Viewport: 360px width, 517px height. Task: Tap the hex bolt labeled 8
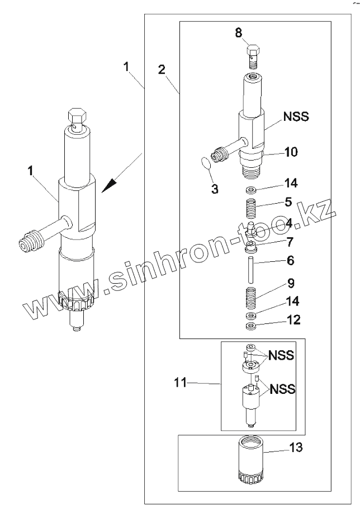point(254,54)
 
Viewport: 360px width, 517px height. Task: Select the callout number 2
point(161,70)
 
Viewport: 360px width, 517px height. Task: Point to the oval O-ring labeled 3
point(206,163)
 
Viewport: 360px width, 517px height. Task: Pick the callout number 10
point(292,152)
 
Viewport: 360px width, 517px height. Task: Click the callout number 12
point(293,320)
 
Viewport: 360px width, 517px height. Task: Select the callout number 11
point(179,383)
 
